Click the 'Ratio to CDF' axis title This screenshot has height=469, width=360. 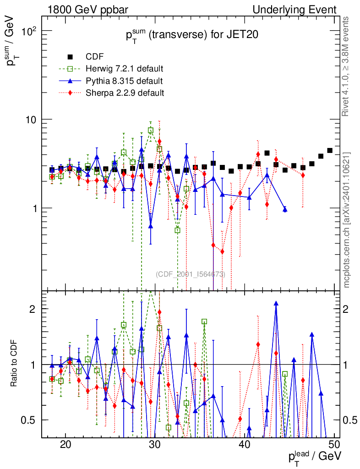tap(13, 364)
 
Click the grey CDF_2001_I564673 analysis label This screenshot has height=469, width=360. tap(190, 274)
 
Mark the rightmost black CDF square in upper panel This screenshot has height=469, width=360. tap(330, 150)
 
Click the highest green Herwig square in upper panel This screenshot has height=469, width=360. tap(151, 131)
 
